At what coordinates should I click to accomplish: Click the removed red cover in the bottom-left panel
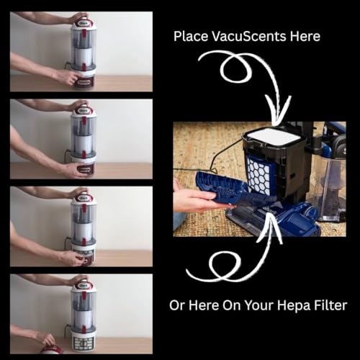[x=51, y=350]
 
